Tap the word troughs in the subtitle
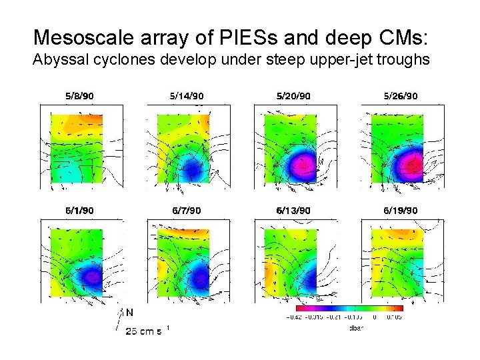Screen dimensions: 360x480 coord(404,61)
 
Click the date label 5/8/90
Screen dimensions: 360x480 coord(79,96)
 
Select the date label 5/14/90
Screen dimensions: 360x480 coord(187,96)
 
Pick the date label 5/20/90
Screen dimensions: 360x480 coord(293,96)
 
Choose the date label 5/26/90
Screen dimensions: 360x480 coord(401,96)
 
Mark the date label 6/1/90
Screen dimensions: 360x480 coord(79,211)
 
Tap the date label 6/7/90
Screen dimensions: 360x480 coord(187,211)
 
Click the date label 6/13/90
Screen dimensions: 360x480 coord(293,211)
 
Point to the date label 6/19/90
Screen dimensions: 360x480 coord(401,211)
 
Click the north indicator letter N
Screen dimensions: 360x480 coord(129,311)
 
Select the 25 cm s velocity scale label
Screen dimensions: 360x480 coord(144,331)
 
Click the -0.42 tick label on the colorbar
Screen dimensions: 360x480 coord(293,317)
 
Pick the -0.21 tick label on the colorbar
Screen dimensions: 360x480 coord(335,317)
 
